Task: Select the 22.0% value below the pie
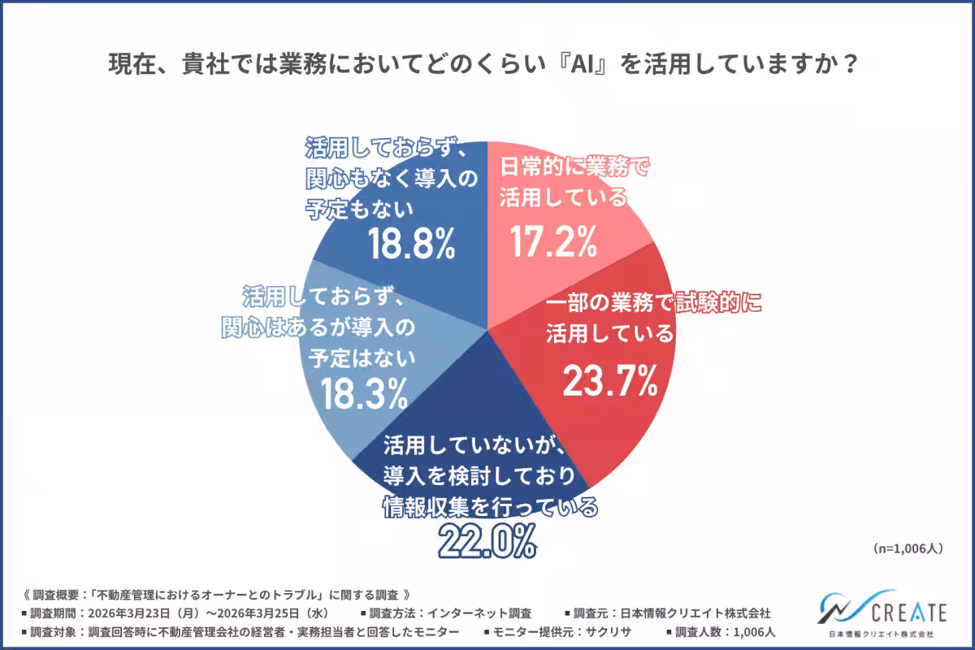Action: click(x=487, y=541)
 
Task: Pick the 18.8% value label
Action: click(x=411, y=244)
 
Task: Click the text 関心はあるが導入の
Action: click(x=318, y=327)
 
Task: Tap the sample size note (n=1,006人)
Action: click(x=908, y=548)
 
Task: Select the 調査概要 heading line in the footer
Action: click(x=219, y=594)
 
